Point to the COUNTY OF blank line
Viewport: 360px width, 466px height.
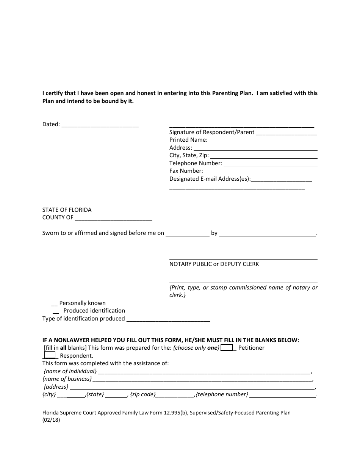[x=114, y=219]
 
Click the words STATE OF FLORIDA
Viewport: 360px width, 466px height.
[x=67, y=210]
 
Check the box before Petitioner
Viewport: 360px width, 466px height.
[x=227, y=347]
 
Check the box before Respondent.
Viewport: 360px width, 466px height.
[x=50, y=355]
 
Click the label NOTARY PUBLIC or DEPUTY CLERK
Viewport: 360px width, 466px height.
[x=214, y=264]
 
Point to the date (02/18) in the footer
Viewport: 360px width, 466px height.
[x=51, y=420]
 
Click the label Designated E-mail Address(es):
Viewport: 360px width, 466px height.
[x=210, y=179]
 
